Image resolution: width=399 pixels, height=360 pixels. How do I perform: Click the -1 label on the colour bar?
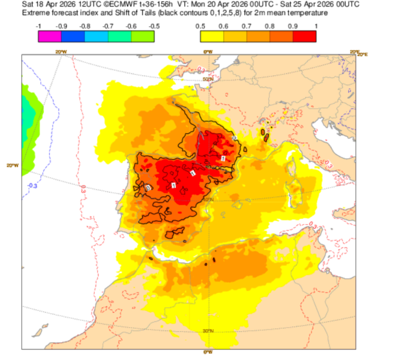point(40,25)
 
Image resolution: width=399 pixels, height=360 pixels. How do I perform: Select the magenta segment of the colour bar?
point(50,36)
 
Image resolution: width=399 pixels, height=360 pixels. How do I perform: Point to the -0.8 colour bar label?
point(85,25)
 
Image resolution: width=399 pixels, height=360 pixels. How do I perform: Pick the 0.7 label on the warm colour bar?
point(246,25)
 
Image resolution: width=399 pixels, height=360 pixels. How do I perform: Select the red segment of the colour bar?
point(304,36)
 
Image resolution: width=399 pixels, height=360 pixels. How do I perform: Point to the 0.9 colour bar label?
point(293,25)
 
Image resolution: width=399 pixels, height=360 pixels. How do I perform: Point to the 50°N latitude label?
point(208,79)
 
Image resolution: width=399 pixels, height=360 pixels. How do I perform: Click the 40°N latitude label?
point(208,200)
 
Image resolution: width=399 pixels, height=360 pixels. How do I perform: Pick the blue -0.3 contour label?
point(34,185)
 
